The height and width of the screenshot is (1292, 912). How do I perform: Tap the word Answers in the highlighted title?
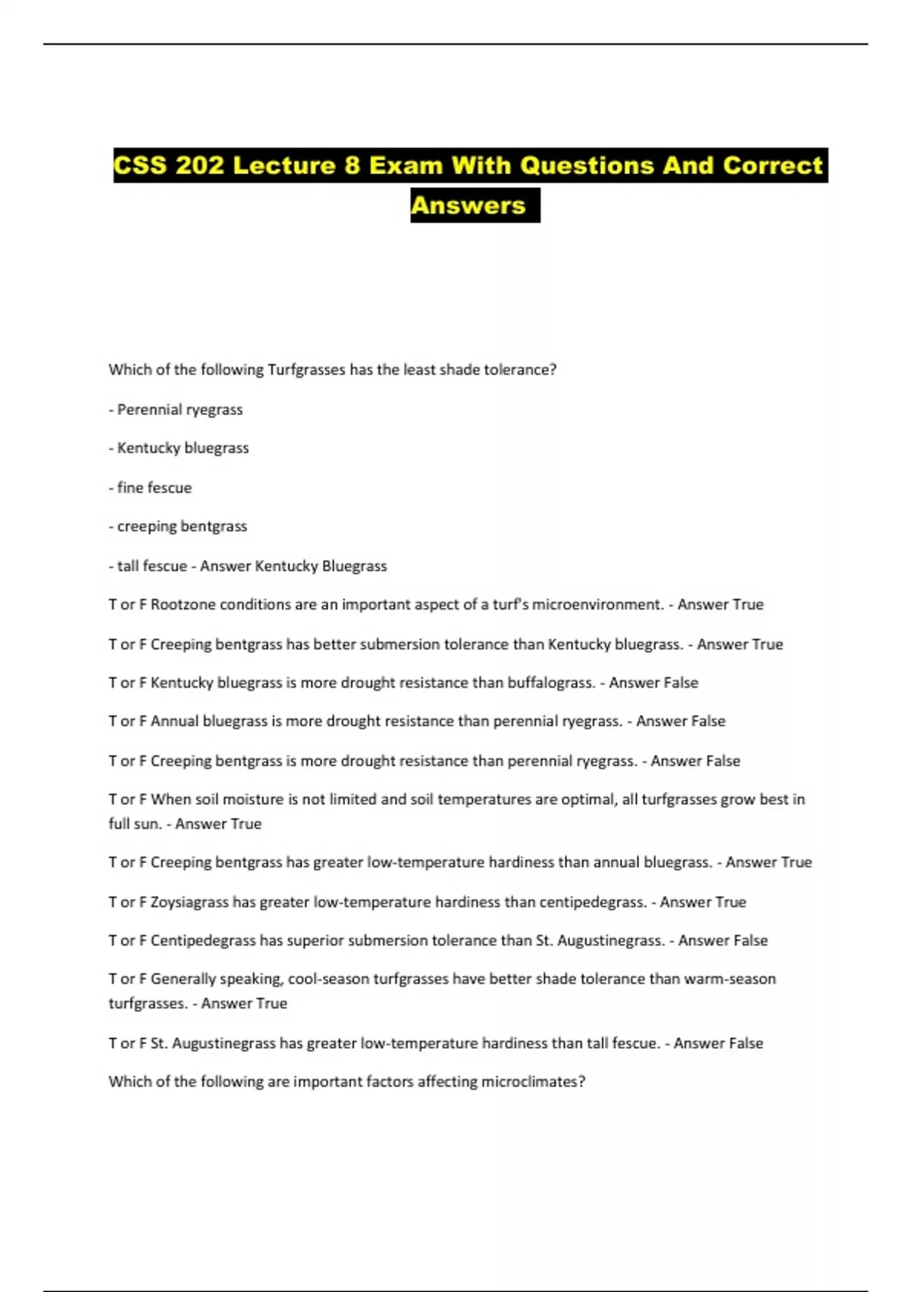(468, 205)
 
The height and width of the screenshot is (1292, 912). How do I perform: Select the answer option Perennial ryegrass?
(179, 410)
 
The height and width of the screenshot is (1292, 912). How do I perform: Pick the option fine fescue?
(154, 488)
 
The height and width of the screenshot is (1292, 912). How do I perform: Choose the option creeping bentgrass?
(182, 527)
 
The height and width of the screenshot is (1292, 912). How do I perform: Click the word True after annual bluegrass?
(796, 863)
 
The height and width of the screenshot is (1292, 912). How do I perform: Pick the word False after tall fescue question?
(744, 1043)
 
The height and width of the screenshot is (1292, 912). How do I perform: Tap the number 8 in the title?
(352, 166)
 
